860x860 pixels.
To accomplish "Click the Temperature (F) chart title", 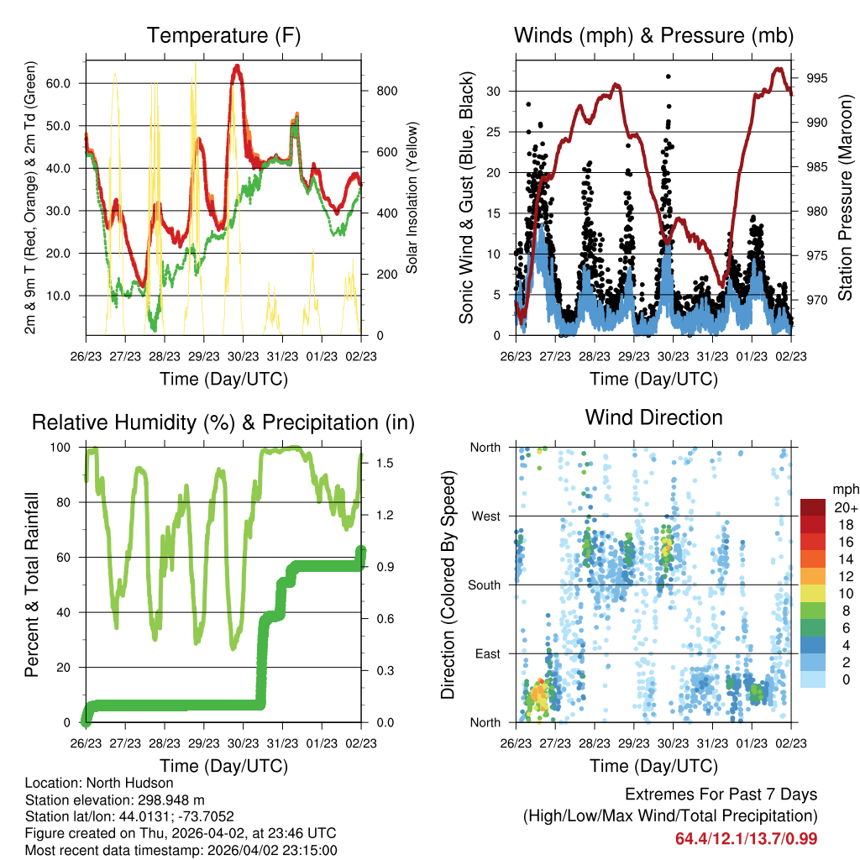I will coord(223,36).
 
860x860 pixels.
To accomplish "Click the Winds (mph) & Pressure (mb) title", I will coord(653,36).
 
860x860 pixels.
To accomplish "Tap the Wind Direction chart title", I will coord(653,417).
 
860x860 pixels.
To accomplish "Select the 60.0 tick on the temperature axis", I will coord(58,83).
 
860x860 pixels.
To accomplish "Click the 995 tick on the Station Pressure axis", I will coord(818,78).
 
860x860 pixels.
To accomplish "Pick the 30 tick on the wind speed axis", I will coord(494,91).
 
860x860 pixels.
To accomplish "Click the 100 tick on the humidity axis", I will coord(65,448).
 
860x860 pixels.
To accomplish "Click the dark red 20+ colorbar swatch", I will coord(813,507).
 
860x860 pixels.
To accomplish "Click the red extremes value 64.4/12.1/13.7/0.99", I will coord(746,838).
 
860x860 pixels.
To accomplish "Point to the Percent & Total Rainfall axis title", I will coord(31,585).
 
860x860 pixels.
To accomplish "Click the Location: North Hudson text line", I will coord(87,783).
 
